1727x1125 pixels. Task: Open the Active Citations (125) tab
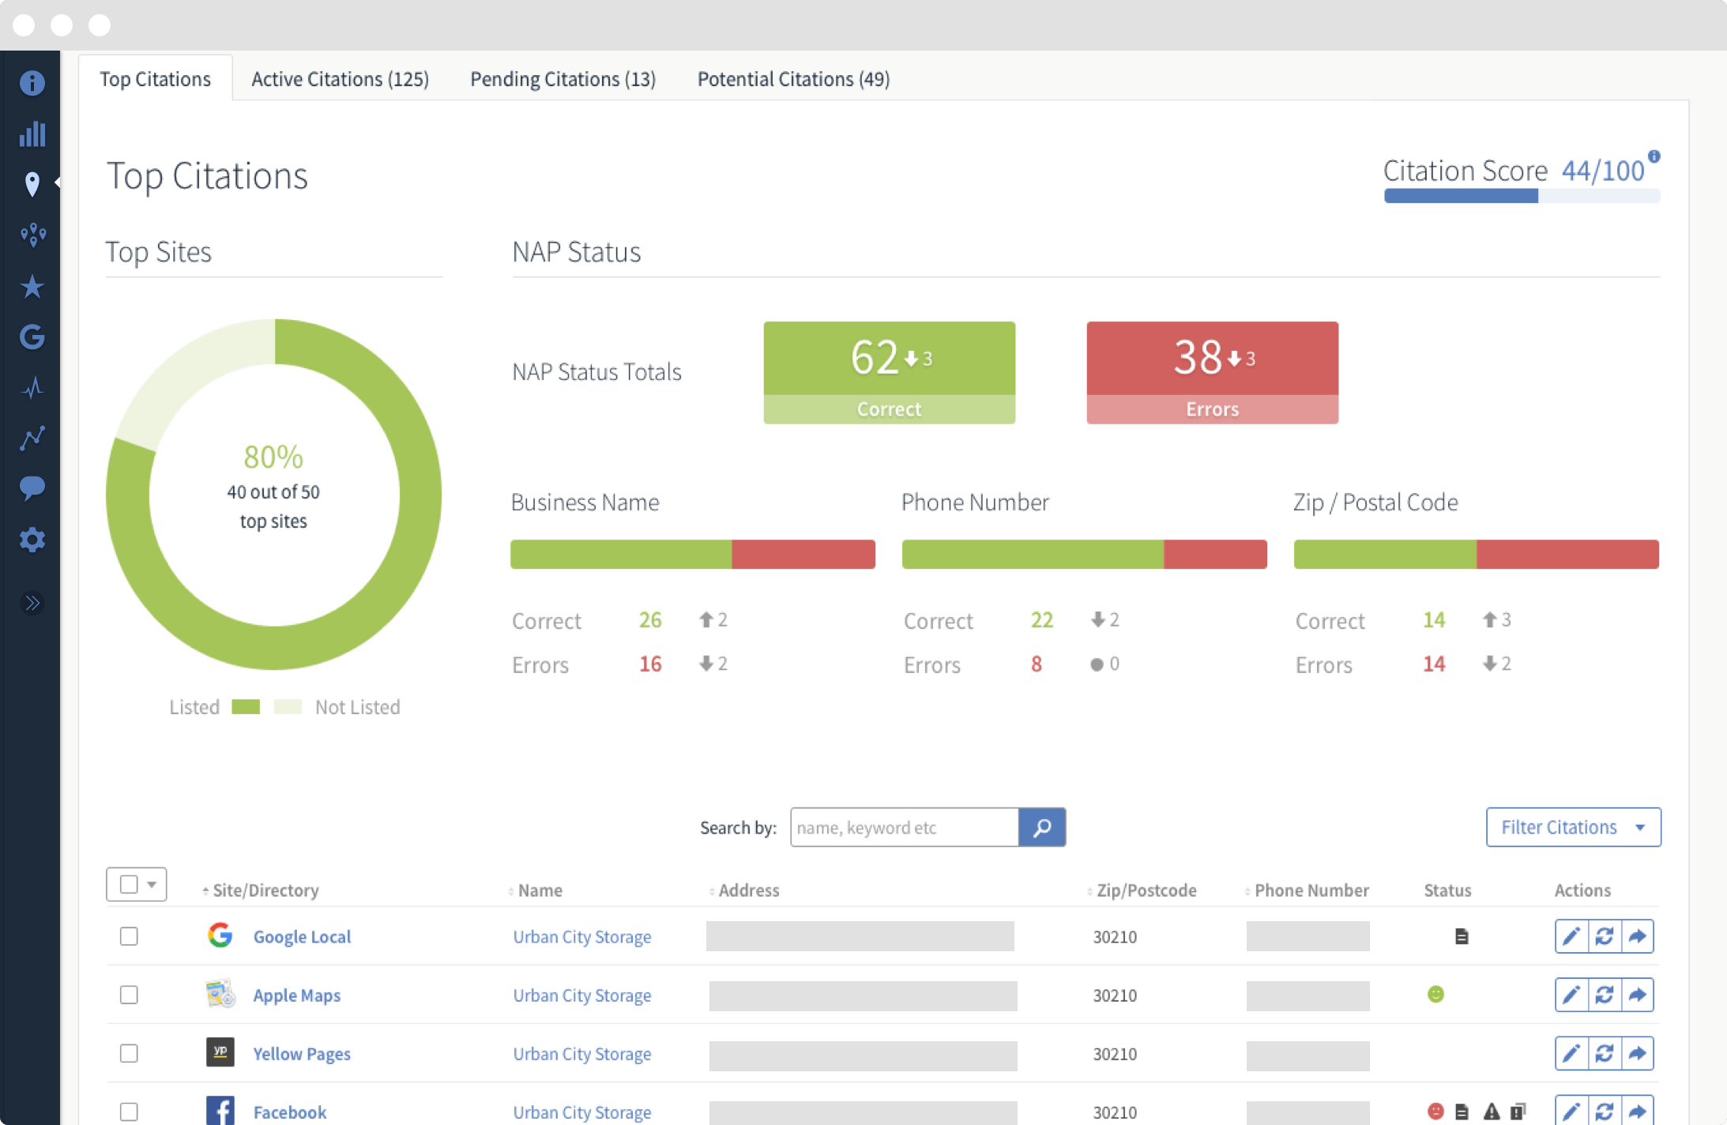tap(340, 79)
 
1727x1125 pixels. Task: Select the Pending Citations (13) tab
tap(562, 79)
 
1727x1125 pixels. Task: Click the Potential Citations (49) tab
tap(793, 79)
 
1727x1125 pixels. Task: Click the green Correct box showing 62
tap(889, 372)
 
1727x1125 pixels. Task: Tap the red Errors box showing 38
tap(1212, 372)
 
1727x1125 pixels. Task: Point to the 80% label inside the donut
tap(273, 457)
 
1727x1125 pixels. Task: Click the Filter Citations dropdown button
tap(1572, 827)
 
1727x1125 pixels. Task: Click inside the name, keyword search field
tap(904, 827)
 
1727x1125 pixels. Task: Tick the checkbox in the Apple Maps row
tap(129, 995)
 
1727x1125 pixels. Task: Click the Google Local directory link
tap(302, 937)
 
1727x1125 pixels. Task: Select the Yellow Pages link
tap(302, 1054)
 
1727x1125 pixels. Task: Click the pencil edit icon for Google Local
tap(1571, 936)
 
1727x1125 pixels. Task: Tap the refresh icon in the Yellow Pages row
tap(1604, 1053)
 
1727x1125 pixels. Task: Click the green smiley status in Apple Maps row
tap(1435, 994)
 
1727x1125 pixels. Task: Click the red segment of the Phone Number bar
tap(1215, 555)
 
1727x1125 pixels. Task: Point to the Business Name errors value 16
tap(650, 664)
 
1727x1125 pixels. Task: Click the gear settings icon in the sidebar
tap(32, 540)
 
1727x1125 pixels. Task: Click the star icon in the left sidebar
tap(32, 287)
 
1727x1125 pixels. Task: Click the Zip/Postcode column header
tap(1146, 890)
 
